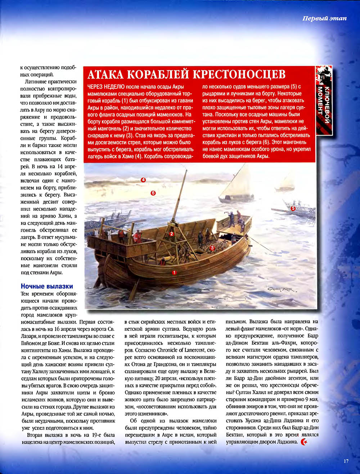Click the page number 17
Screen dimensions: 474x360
tap(346, 461)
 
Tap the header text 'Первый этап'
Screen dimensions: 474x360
tap(324, 18)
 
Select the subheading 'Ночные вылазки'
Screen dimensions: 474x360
tap(47, 286)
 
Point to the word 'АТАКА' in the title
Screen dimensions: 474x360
tap(106, 74)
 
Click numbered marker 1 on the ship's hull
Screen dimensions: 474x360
tap(174, 273)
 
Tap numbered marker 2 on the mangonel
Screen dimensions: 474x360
tap(172, 234)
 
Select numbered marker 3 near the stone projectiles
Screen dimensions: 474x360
tap(212, 248)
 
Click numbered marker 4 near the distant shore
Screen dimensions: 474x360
tap(143, 180)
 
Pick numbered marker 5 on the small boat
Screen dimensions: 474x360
tap(293, 208)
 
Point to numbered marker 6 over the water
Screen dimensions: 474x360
tap(153, 193)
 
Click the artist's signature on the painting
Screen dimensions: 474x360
tap(281, 290)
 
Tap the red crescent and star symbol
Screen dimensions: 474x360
tap(304, 442)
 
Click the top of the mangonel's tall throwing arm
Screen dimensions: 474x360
tap(186, 170)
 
